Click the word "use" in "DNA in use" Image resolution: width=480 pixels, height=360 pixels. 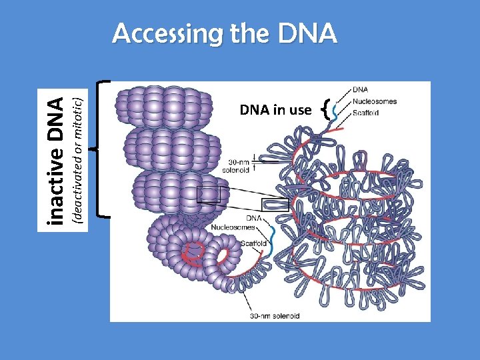(299, 110)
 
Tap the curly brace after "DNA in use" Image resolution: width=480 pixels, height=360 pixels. (325, 109)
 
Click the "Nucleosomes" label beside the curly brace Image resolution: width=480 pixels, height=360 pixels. (374, 102)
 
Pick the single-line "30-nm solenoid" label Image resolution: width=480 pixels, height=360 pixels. (274, 315)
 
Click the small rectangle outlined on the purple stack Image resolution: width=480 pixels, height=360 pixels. (208, 194)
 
